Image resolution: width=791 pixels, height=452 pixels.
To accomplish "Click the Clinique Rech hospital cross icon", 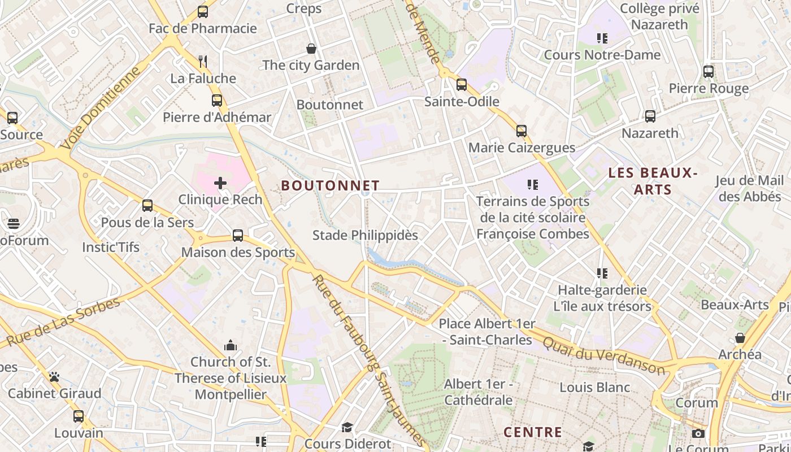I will [x=220, y=182].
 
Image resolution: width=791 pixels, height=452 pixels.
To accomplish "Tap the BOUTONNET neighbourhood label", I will [x=331, y=185].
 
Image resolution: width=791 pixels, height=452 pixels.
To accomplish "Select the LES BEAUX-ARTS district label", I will [x=653, y=181].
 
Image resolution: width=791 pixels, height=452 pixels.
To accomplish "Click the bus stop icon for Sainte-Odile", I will [x=462, y=85].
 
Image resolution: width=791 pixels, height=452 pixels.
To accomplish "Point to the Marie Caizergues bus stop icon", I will [x=521, y=131].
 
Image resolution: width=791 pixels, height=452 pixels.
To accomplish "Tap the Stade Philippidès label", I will [x=365, y=235].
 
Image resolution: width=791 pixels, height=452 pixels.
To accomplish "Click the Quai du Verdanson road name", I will [x=604, y=354].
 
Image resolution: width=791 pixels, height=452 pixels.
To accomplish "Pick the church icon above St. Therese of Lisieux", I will [x=230, y=345].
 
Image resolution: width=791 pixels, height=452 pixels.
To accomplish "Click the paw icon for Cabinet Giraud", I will [x=54, y=376].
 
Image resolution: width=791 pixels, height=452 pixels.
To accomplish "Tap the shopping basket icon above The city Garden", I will [x=311, y=49].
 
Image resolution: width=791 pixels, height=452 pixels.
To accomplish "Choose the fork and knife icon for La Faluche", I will [x=203, y=61].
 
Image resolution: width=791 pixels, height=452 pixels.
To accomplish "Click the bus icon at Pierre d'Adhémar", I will [x=217, y=101].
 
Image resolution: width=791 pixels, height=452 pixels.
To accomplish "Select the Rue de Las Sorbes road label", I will [x=63, y=322].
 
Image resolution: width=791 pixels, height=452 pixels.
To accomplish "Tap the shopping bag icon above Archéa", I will [x=740, y=338].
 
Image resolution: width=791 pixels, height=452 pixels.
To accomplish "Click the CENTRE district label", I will [x=533, y=432].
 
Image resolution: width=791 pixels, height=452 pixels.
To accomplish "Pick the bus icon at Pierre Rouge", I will [x=708, y=72].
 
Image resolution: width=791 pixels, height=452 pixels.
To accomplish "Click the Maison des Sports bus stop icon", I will [x=238, y=236].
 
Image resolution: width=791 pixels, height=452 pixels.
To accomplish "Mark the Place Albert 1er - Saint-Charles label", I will [x=487, y=332].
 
